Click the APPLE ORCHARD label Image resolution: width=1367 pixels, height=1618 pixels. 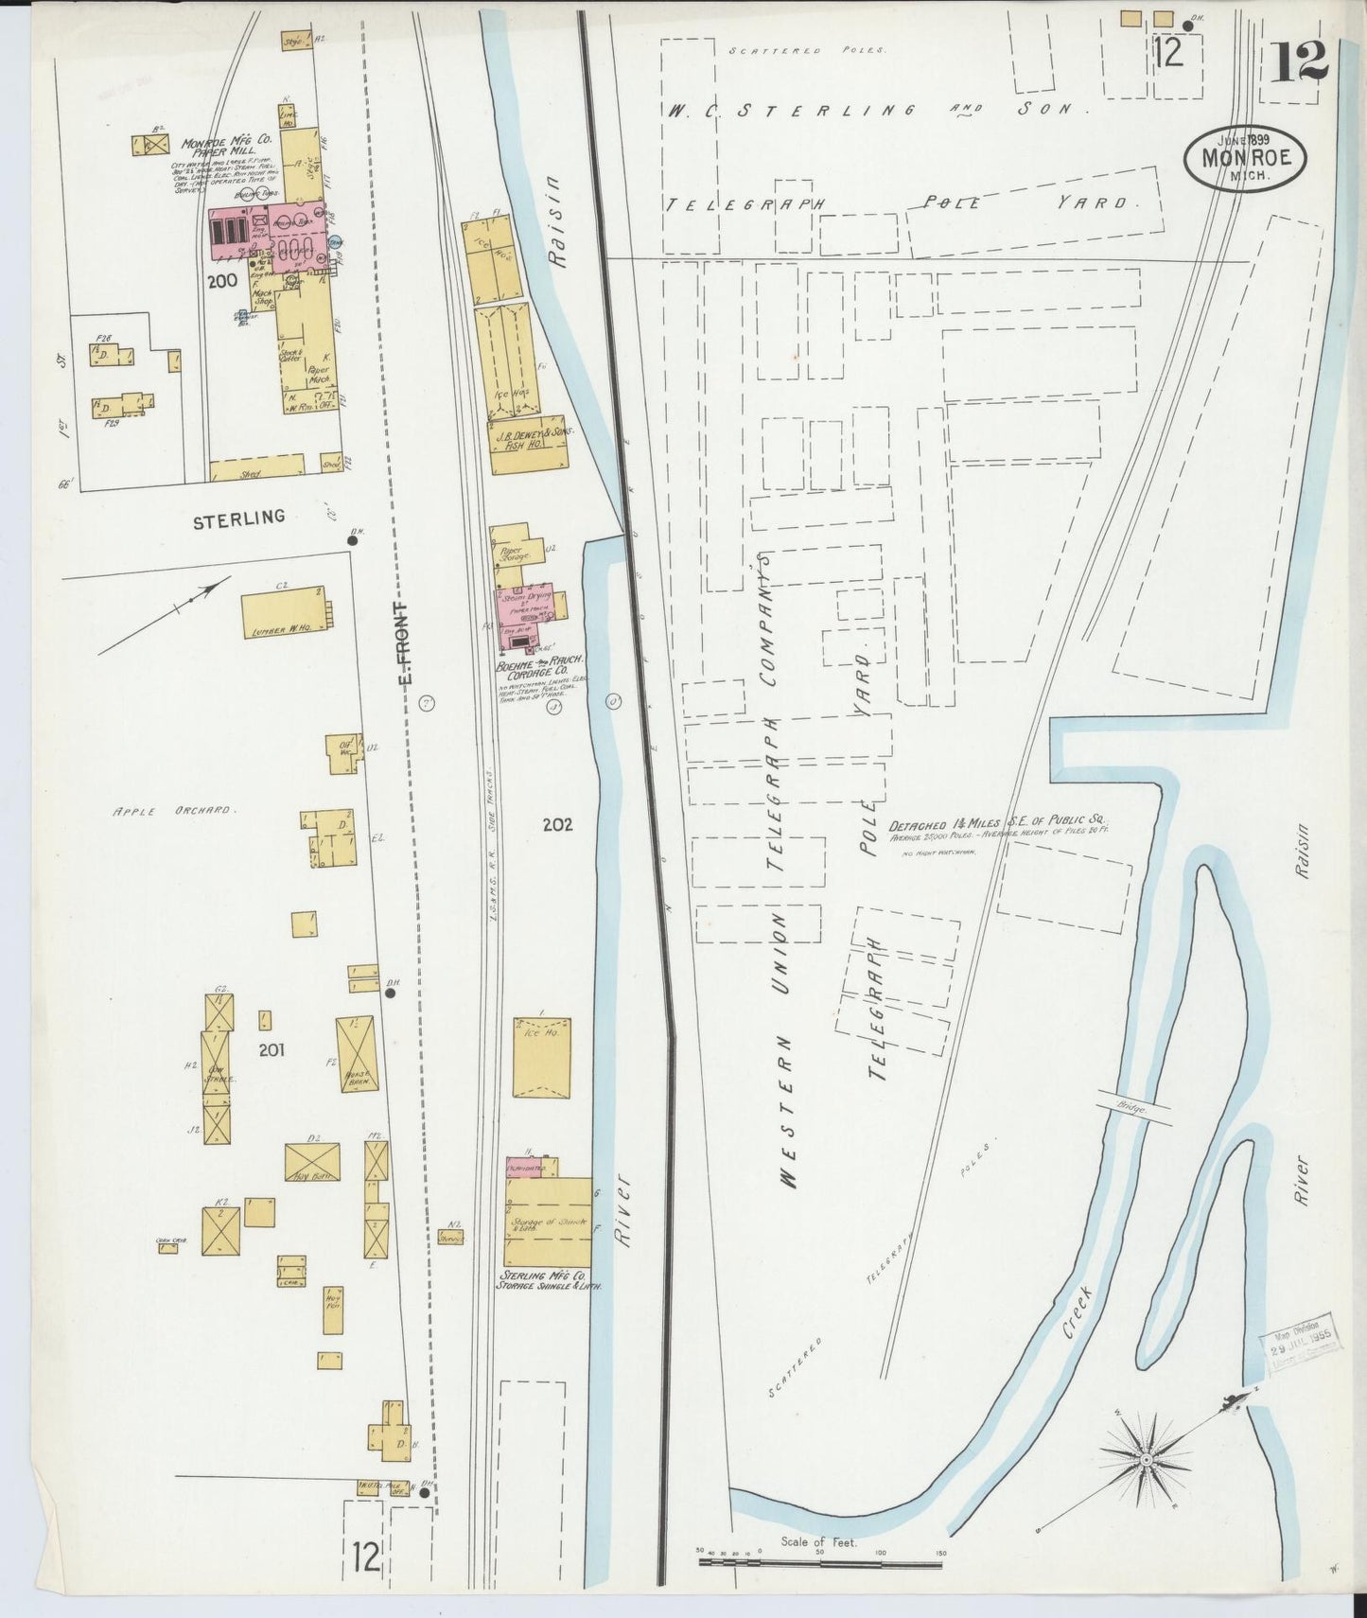[174, 811]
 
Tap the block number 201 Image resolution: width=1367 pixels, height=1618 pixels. [271, 1048]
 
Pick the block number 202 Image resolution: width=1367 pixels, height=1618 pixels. [557, 824]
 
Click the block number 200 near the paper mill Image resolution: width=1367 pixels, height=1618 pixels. [224, 281]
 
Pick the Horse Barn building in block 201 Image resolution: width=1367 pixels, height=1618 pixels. [356, 1054]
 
